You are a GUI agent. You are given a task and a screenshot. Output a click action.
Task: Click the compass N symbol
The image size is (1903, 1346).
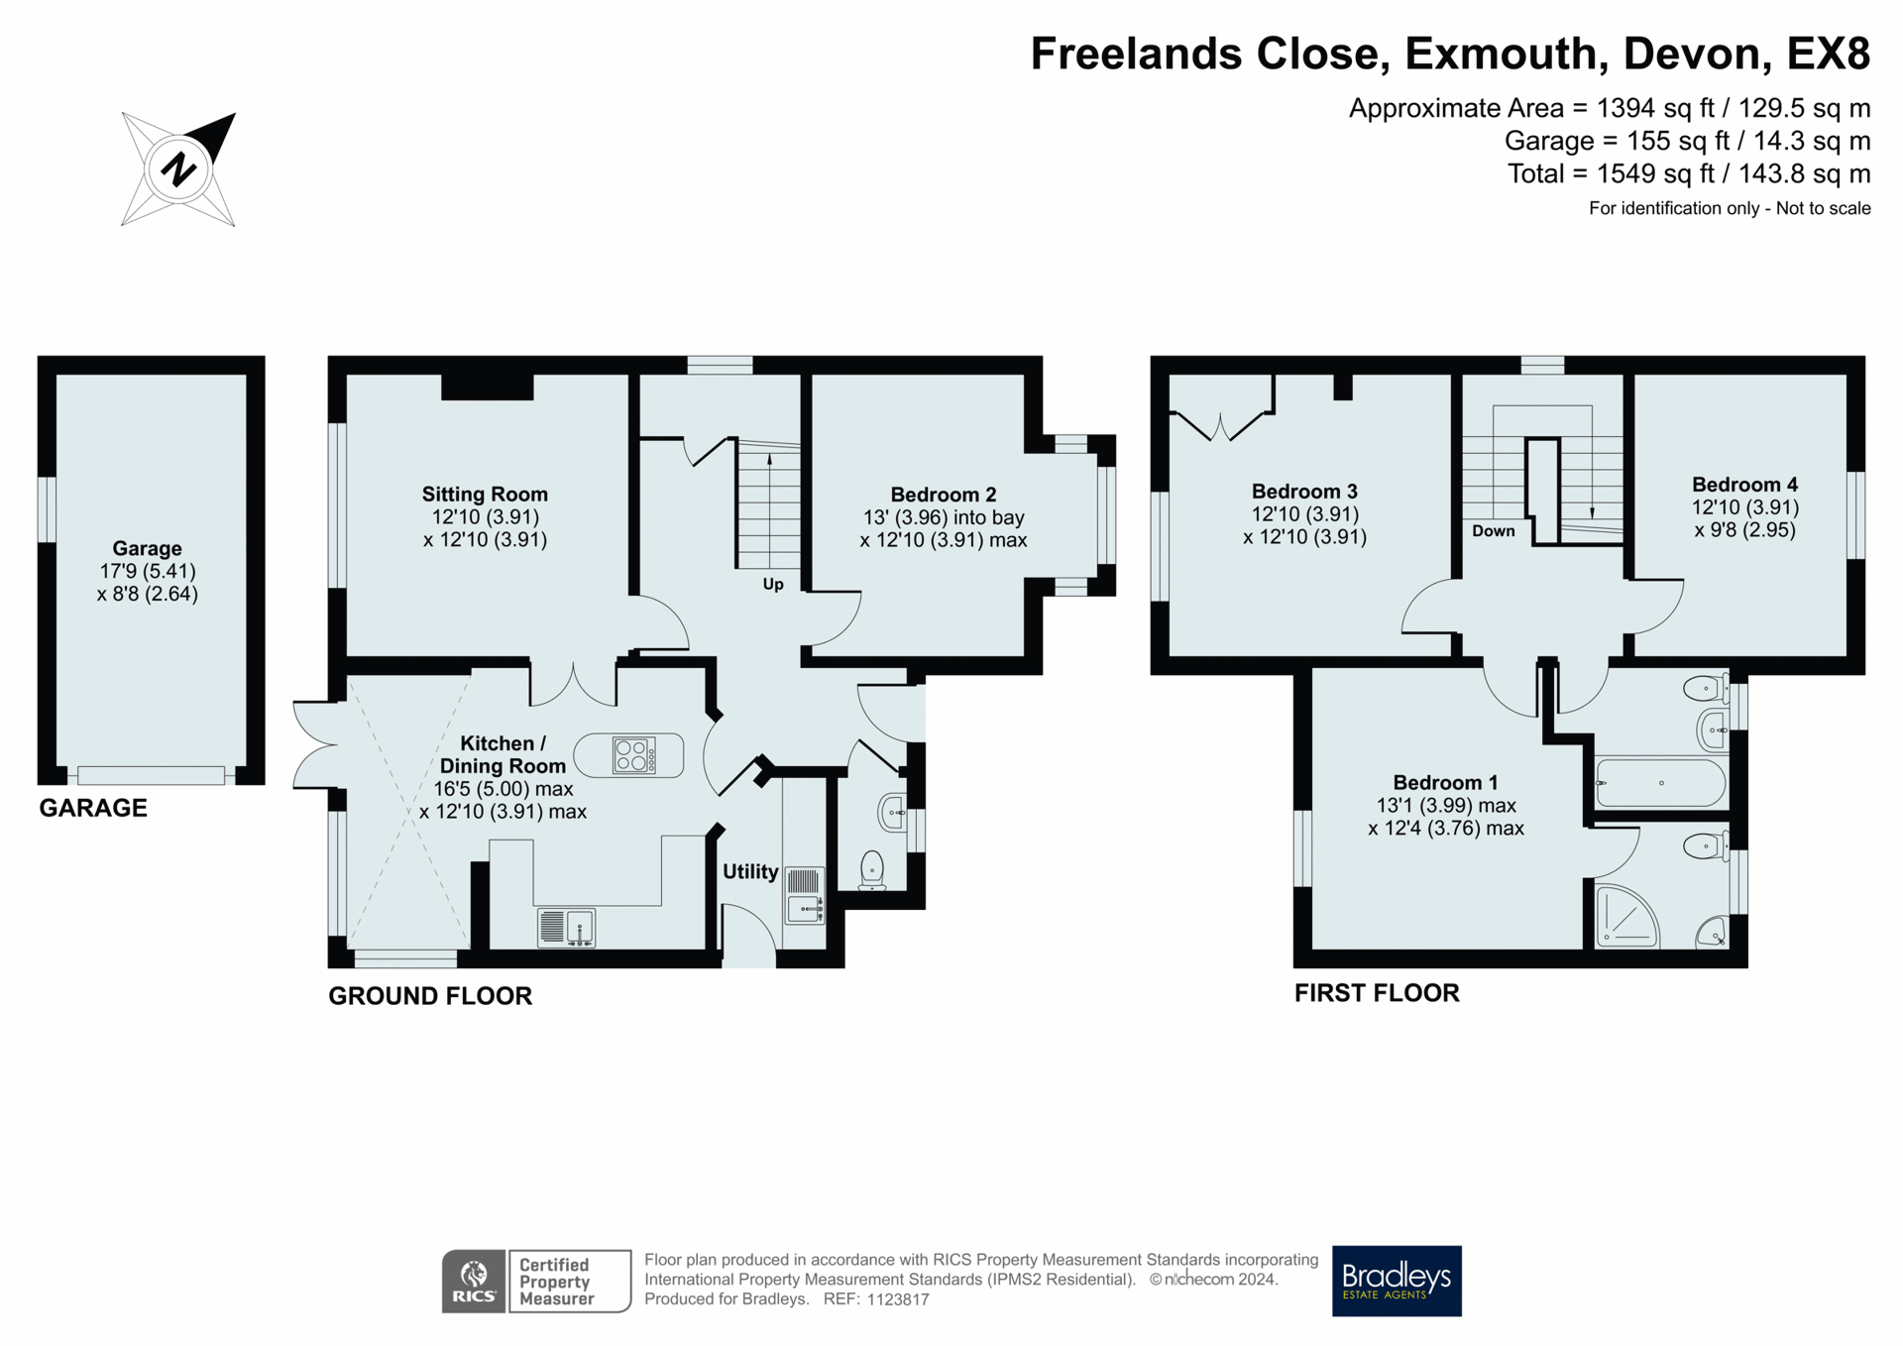tap(178, 168)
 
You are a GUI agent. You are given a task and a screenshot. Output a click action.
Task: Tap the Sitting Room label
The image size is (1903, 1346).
tap(485, 494)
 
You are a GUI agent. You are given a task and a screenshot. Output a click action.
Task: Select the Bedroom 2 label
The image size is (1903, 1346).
tap(944, 495)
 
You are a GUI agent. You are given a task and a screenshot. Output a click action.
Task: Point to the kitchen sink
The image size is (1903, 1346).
tap(566, 928)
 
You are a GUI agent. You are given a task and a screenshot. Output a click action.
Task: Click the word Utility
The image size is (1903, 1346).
tap(750, 871)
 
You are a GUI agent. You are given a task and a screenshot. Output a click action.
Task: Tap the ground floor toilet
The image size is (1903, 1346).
tap(872, 870)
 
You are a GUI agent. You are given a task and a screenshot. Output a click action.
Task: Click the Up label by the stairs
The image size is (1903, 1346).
tap(773, 584)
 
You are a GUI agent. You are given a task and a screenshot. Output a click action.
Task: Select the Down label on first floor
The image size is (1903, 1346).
tap(1494, 531)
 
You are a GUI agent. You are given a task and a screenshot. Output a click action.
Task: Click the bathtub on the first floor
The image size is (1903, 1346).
tap(1661, 783)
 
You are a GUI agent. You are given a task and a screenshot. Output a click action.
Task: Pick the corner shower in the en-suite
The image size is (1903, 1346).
tap(1626, 915)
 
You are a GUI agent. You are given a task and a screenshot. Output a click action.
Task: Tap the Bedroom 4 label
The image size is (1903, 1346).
tap(1744, 485)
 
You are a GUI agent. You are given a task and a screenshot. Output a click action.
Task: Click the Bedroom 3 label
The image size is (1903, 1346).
tap(1304, 492)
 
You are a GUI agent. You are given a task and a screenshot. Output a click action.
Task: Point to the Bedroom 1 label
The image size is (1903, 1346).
tap(1446, 783)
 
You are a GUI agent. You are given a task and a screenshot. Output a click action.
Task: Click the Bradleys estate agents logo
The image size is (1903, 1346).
tap(1397, 1281)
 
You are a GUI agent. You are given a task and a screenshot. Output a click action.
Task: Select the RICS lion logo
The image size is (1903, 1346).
tap(475, 1282)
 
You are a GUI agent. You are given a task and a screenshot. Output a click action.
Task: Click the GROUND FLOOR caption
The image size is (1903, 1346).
tap(430, 996)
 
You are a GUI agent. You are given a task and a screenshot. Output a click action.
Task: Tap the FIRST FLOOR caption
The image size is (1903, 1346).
tap(1377, 993)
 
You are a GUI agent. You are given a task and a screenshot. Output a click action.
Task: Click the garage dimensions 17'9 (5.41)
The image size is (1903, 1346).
tap(148, 571)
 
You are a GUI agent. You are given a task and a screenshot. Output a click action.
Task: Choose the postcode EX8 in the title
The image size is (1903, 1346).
tap(1829, 54)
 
